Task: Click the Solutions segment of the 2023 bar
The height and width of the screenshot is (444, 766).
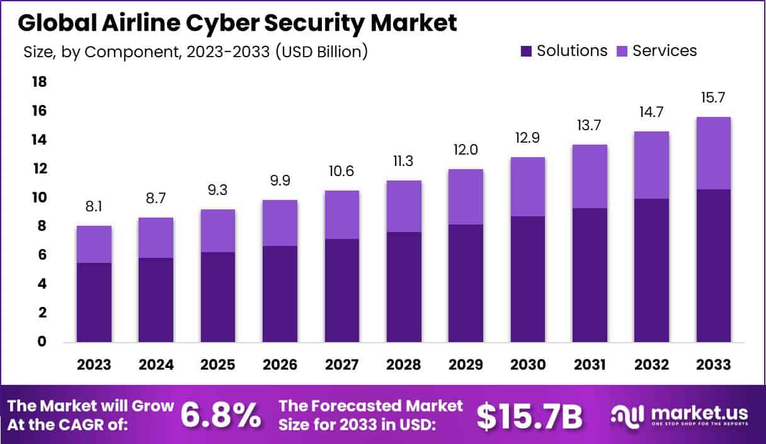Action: point(94,302)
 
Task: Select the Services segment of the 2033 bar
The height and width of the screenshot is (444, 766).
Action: point(714,153)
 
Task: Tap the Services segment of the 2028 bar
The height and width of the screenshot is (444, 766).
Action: point(404,206)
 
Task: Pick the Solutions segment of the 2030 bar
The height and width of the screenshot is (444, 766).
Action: point(527,279)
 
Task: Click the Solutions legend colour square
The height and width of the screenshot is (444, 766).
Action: point(526,51)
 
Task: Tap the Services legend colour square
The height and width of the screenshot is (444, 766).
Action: point(622,51)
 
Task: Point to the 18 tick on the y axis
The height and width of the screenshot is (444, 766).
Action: point(39,82)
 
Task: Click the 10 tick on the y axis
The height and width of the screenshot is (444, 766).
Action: point(39,198)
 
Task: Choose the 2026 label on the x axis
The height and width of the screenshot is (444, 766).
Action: point(280,365)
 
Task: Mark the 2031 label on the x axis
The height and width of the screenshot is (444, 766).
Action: point(590,365)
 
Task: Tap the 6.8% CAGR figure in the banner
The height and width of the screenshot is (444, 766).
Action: point(220,415)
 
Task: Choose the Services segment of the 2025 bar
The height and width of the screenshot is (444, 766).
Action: point(218,231)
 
